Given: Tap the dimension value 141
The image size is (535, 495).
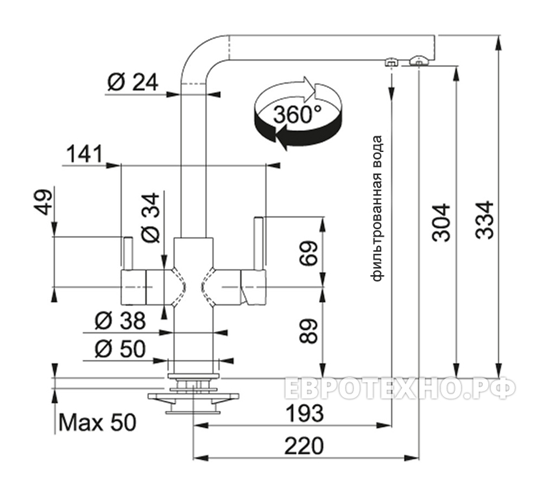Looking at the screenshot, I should (84, 154).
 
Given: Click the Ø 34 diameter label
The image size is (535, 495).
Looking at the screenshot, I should (150, 218).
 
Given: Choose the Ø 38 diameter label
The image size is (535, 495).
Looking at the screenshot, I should (120, 321).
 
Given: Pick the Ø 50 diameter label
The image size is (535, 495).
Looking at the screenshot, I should (120, 349).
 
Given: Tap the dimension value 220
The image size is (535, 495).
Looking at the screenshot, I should (304, 446).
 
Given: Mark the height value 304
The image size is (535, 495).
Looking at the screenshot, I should (441, 222).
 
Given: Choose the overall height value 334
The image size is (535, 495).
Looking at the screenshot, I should (485, 219).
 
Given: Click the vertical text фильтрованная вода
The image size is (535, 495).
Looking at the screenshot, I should (378, 208).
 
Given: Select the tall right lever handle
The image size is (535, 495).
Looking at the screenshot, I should (259, 243).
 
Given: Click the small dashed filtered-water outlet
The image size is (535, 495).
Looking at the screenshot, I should (391, 61).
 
